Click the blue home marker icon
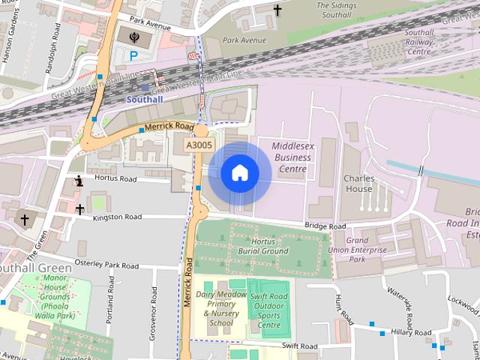(239, 172)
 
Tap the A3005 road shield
(199, 145)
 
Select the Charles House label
(358, 184)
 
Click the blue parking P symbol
(133, 55)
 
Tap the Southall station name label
(144, 99)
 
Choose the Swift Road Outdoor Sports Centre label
(268, 310)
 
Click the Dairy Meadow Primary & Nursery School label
(220, 308)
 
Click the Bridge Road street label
(325, 226)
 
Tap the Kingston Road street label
(117, 217)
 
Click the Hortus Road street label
(115, 179)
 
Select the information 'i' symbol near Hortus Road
(79, 180)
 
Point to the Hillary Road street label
(412, 332)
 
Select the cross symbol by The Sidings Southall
(278, 10)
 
